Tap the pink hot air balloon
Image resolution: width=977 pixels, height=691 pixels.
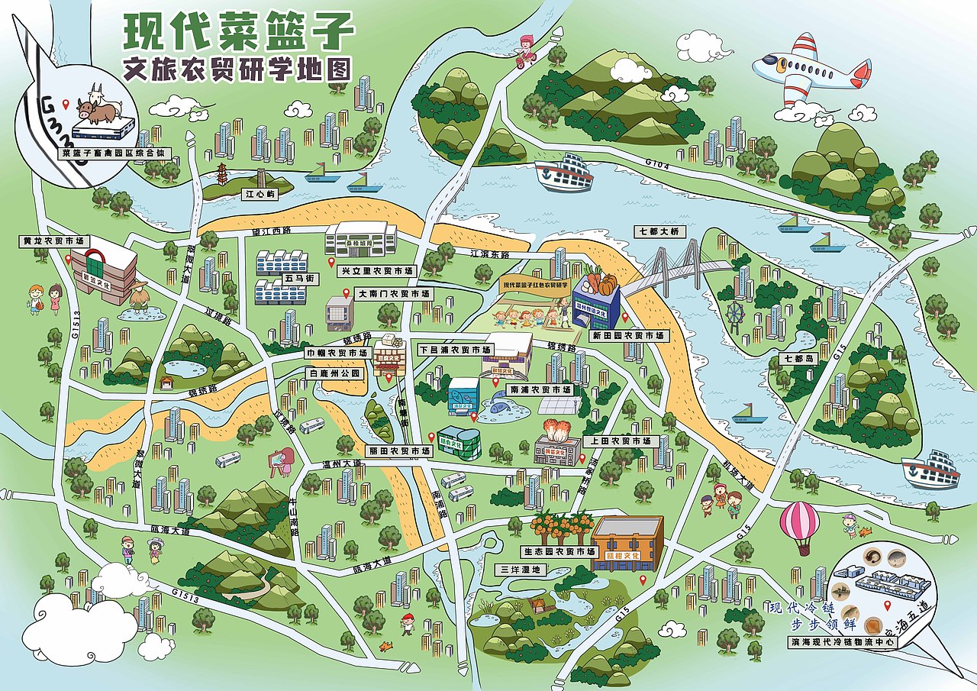click(799, 523)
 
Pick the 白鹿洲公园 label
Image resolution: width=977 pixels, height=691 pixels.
click(333, 373)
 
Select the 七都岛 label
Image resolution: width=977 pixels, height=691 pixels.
click(796, 358)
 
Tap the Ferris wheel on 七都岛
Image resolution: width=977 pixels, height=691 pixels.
click(735, 313)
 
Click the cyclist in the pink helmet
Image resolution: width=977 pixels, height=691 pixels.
click(524, 50)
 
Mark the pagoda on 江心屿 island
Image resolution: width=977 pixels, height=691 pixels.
click(222, 175)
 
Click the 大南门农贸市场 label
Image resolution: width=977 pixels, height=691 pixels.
click(394, 293)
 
